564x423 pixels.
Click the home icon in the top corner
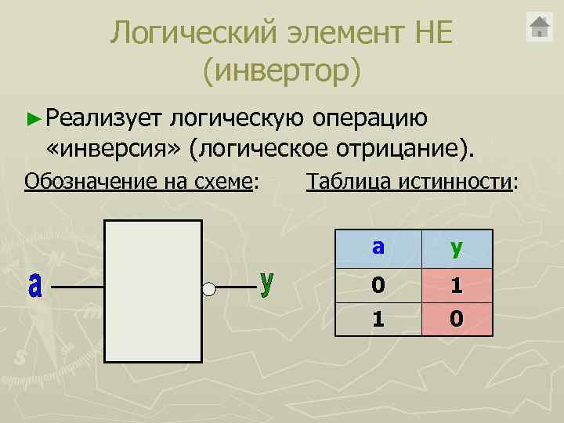[x=540, y=27]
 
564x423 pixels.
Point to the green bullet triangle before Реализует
[x=32, y=119]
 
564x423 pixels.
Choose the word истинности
[x=454, y=183]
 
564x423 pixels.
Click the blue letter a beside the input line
[x=34, y=285]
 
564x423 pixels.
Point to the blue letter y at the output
[x=267, y=284]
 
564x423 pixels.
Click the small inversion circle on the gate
[x=208, y=289]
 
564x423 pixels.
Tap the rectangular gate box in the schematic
[x=153, y=291]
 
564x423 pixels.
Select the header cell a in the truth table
[x=378, y=248]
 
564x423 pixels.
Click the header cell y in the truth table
[x=457, y=248]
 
